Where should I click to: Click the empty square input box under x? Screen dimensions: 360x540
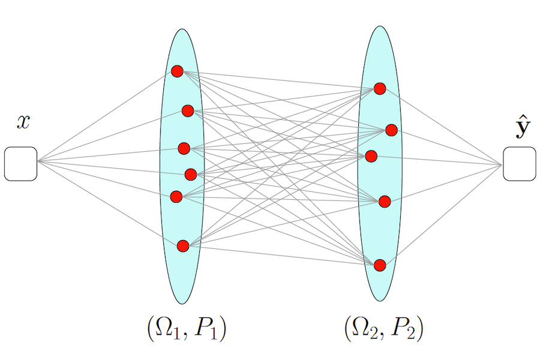pyautogui.click(x=21, y=164)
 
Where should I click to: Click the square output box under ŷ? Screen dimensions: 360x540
pyautogui.click(x=520, y=164)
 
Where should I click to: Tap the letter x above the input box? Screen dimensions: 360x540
pyautogui.click(x=23, y=122)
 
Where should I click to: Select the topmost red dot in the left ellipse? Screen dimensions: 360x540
pyautogui.click(x=177, y=71)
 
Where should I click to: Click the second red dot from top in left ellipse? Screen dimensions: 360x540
pyautogui.click(x=188, y=110)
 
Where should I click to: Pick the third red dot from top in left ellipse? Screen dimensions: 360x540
pyautogui.click(x=184, y=148)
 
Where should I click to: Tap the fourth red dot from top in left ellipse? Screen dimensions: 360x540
pyautogui.click(x=191, y=175)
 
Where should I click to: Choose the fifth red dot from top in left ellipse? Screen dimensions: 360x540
pyautogui.click(x=176, y=196)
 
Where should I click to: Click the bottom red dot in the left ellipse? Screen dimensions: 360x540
pyautogui.click(x=183, y=245)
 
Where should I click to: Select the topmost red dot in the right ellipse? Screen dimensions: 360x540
pyautogui.click(x=380, y=89)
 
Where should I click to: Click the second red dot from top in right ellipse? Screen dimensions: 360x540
pyautogui.click(x=391, y=130)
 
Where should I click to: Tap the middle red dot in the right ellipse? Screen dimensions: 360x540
pyautogui.click(x=371, y=157)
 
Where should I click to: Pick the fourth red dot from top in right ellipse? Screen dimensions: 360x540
pyautogui.click(x=385, y=201)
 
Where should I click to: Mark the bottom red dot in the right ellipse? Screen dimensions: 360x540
pyautogui.click(x=380, y=265)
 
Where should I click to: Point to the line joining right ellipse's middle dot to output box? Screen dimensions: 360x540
pyautogui.click(x=438, y=160)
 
